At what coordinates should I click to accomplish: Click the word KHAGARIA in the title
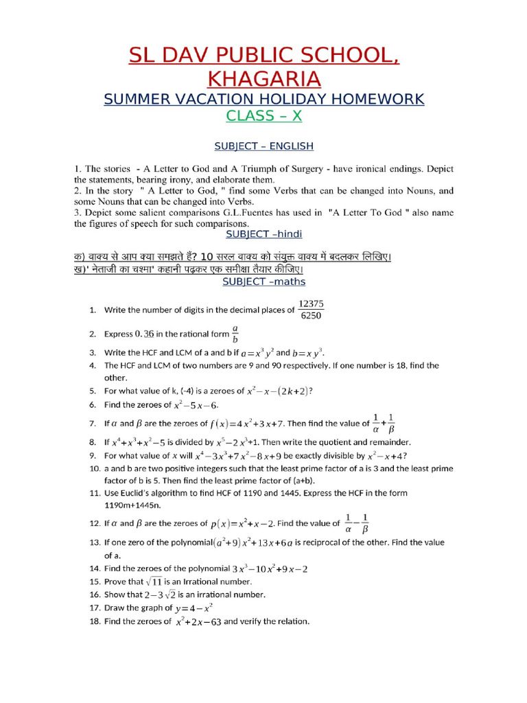click(x=263, y=77)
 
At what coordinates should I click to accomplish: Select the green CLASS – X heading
click(x=263, y=115)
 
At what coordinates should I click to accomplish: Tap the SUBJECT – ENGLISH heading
click(x=263, y=146)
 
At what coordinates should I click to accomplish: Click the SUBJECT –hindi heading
click(x=263, y=234)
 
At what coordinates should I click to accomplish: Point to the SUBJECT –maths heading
click(x=263, y=281)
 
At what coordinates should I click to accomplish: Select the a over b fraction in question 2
click(x=235, y=334)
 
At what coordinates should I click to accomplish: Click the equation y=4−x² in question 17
click(x=194, y=608)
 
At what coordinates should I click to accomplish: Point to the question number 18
click(x=95, y=622)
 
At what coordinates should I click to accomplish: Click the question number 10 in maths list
click(x=95, y=468)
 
